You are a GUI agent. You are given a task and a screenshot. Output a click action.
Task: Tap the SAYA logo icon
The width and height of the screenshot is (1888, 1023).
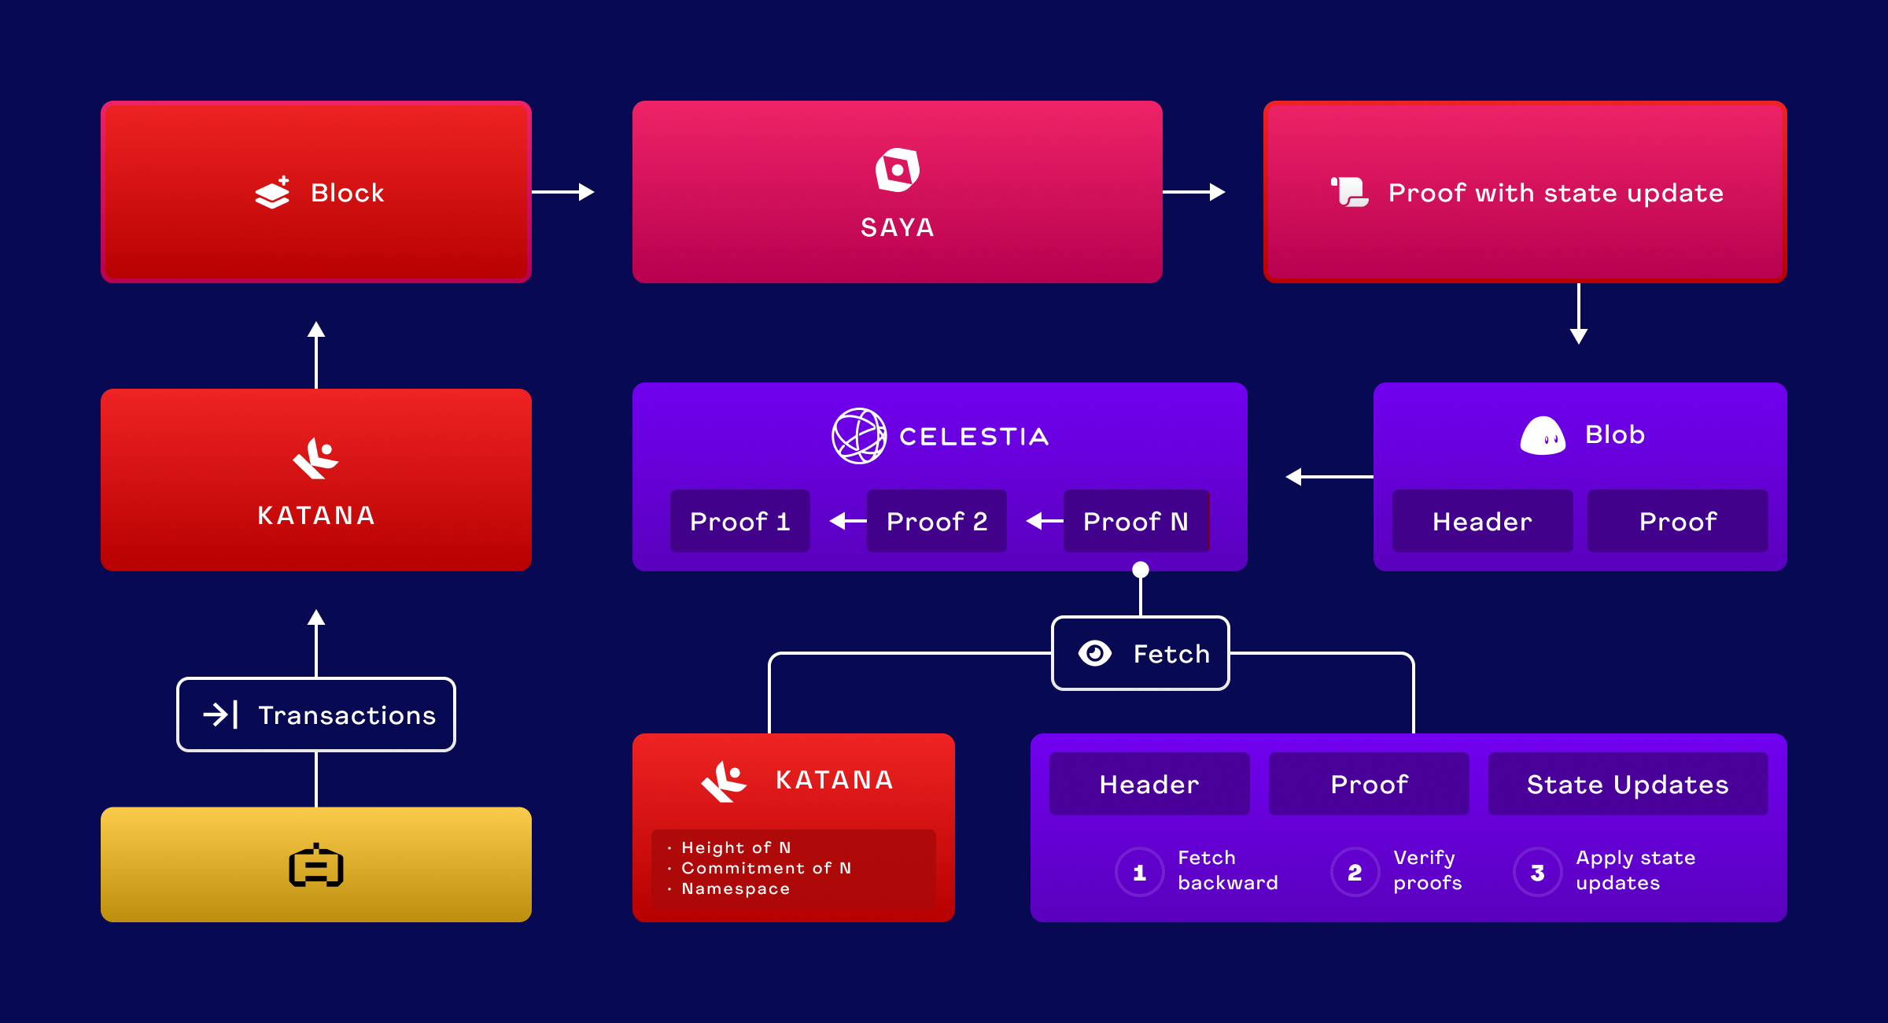898,169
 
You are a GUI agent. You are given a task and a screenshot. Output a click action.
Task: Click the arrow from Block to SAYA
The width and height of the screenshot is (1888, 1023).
562,192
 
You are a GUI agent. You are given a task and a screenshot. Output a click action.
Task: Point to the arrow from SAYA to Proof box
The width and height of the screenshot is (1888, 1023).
1193,192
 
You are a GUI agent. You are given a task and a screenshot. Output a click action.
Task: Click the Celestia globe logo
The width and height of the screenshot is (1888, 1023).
859,436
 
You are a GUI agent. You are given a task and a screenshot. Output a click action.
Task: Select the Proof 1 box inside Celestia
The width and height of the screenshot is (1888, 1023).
739,521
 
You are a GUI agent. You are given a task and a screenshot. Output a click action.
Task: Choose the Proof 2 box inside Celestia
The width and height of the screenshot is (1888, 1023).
936,521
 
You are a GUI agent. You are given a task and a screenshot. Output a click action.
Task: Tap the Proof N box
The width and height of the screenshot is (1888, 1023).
1135,521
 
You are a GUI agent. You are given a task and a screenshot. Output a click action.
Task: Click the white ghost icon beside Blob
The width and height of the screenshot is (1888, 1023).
1543,436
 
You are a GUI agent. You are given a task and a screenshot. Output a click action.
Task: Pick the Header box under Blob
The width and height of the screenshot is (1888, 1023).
1482,521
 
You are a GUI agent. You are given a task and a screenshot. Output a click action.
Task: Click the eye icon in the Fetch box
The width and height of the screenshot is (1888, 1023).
1095,653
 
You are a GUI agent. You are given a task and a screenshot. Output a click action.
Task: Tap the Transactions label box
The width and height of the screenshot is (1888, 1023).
316,715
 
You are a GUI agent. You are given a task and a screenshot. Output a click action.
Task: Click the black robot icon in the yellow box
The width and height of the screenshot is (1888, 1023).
316,866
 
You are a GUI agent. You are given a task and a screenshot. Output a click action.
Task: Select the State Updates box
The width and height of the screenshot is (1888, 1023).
1628,784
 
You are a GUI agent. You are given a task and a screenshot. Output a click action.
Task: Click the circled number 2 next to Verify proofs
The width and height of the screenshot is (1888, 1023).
1355,872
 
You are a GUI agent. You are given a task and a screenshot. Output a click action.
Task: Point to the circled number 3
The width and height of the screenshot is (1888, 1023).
1537,872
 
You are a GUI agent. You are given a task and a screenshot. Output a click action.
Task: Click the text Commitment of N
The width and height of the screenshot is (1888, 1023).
765,868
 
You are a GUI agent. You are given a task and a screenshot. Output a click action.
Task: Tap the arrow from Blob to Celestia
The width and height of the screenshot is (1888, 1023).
1329,477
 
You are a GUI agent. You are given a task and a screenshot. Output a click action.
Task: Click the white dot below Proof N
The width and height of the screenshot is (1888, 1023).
1141,570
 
